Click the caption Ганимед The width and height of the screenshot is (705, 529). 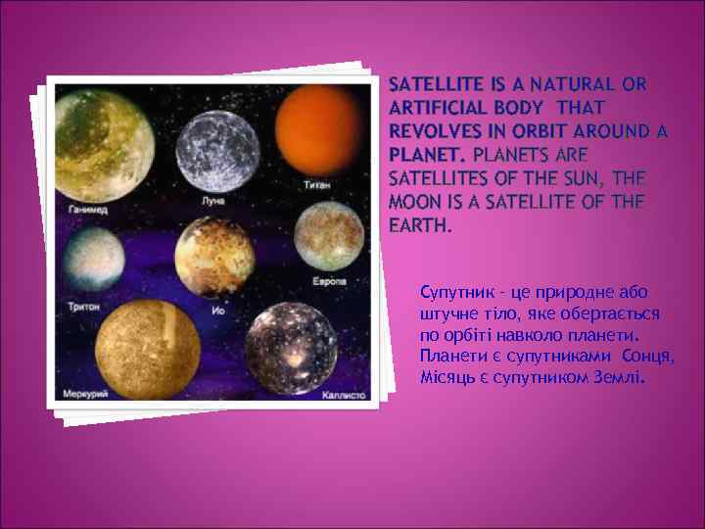[x=88, y=211]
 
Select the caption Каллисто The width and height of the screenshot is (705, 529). [x=343, y=397]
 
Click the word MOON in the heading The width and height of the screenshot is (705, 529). [x=414, y=202]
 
